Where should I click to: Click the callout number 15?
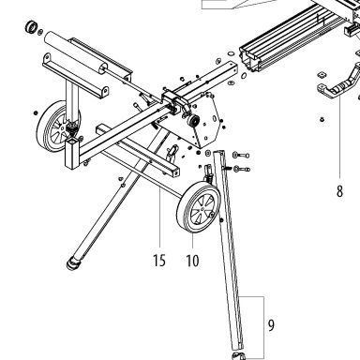159,261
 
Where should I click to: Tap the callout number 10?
192,261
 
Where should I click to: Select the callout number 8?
339,191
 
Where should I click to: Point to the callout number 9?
271,325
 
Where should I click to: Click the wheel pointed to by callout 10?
199,208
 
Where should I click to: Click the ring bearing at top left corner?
31,27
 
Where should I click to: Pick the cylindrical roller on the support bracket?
76,52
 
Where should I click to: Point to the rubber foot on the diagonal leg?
73,263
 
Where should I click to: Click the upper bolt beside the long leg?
241,155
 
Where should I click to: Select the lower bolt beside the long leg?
241,169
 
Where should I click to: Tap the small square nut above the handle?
322,75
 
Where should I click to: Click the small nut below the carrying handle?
322,119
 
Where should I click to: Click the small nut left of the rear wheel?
36,112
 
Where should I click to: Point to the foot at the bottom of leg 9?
238,355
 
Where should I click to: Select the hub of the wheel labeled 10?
202,207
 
